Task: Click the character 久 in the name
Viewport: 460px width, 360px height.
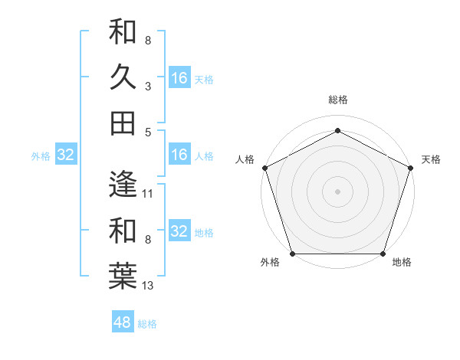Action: (123, 77)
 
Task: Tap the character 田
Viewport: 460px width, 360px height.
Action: (123, 123)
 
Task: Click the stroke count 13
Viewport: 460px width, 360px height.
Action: (148, 286)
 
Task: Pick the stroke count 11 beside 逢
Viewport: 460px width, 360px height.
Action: (148, 194)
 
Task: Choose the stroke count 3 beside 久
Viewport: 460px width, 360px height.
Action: (148, 87)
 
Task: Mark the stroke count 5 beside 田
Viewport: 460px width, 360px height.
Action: (148, 132)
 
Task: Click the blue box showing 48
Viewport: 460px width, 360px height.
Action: (122, 322)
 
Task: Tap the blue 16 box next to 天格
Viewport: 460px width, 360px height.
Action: (179, 77)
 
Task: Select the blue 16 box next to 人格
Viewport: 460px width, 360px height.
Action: (179, 155)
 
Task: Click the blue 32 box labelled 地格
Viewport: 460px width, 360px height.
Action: (179, 231)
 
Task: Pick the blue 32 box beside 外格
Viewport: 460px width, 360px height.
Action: (65, 155)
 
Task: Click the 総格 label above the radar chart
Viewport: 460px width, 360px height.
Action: (337, 100)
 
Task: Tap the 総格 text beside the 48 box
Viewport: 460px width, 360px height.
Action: (147, 324)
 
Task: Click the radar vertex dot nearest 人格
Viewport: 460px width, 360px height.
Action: (264, 168)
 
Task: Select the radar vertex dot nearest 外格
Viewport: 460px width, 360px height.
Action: (292, 254)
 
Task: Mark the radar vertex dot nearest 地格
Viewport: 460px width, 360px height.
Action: (383, 254)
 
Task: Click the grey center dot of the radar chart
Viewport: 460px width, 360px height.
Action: (337, 191)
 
